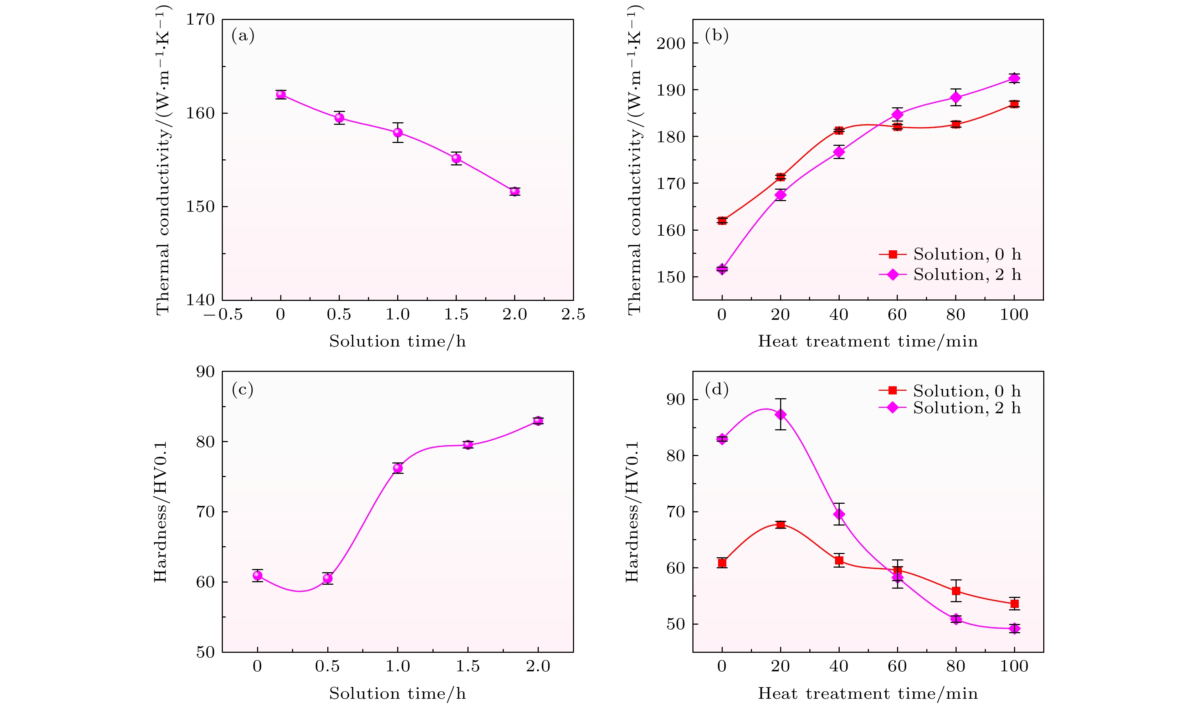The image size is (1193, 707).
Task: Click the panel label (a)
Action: point(243,36)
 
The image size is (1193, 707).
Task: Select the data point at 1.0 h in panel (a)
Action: point(398,132)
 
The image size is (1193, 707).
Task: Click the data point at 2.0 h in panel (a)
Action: point(514,191)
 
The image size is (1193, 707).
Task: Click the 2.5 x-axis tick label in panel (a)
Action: point(573,314)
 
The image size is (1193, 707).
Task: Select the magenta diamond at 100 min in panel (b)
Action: point(1014,78)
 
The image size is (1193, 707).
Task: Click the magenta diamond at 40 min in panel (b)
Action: point(839,152)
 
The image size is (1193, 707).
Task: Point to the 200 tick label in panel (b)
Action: point(670,43)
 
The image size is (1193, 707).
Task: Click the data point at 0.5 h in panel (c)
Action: point(327,578)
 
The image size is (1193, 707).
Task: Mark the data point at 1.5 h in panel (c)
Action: point(468,445)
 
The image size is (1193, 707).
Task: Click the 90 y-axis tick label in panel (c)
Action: point(205,372)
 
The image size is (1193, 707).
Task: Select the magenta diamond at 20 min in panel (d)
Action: point(780,415)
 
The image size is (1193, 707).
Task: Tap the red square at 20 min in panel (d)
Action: point(780,524)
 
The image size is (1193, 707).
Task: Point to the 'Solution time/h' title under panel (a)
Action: point(397,341)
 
